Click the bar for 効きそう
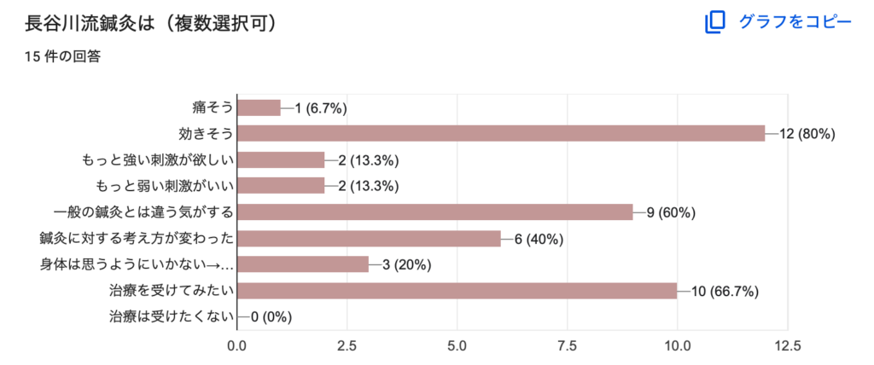[501, 134]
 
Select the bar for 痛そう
[259, 107]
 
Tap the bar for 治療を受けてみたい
[457, 291]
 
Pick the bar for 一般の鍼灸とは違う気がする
[434, 212]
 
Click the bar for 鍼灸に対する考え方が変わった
[369, 239]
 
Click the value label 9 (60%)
[671, 212]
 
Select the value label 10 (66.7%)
[725, 291]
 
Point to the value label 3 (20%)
[407, 265]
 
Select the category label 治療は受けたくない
[171, 317]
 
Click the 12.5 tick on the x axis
[787, 346]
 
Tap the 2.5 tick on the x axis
[347, 346]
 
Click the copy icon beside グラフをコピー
[714, 22]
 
